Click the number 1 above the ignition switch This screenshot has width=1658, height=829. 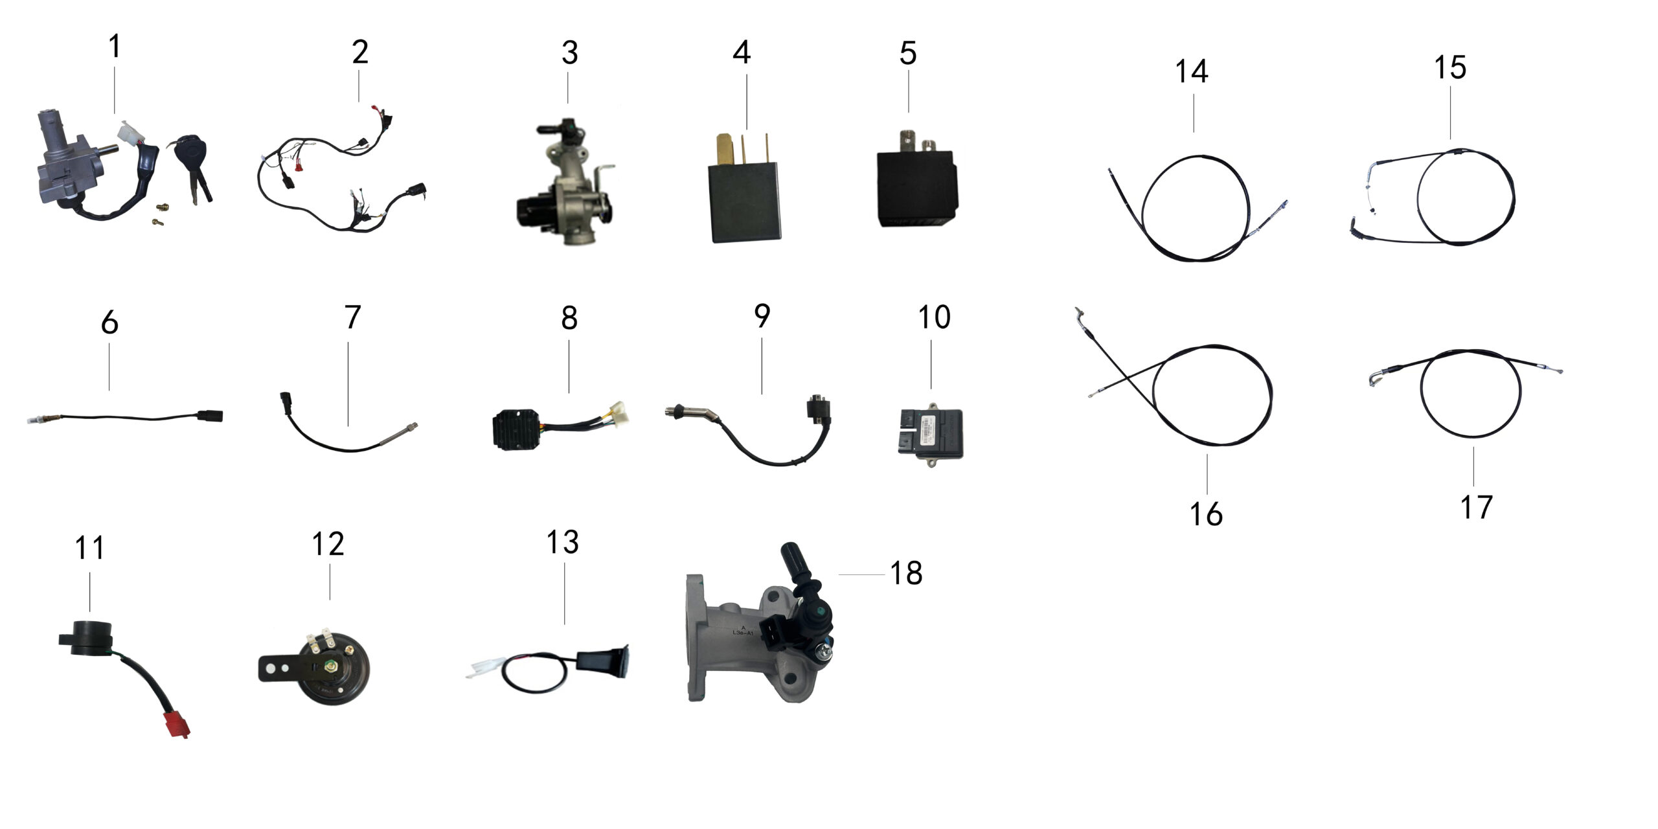[x=115, y=47]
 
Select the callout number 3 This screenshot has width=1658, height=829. [x=569, y=53]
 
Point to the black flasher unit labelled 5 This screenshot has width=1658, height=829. [x=916, y=188]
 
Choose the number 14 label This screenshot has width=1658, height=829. [x=1191, y=72]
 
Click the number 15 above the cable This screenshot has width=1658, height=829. [x=1449, y=68]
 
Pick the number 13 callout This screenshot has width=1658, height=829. [x=562, y=543]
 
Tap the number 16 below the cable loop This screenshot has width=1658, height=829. [x=1205, y=514]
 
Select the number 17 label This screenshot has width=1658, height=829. [x=1476, y=507]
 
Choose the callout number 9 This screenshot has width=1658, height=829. [x=762, y=317]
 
